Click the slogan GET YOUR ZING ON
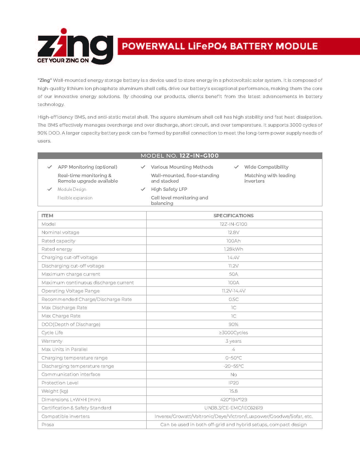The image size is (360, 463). coord(63,60)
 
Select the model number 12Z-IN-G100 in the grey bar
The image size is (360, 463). coord(199,156)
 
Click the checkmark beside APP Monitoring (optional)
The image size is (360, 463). coord(50,167)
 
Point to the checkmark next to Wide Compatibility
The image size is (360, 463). coord(236,167)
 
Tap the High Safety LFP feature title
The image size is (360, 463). coord(169,189)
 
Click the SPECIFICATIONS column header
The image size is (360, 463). coord(233,216)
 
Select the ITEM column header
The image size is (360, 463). coord(47,216)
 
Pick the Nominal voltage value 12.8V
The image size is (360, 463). coord(233,232)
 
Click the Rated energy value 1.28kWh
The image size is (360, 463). coord(233,249)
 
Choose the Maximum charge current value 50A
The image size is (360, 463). coord(233,274)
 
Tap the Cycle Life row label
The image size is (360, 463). coord(52,333)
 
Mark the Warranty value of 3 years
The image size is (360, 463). coord(233,341)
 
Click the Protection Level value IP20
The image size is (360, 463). coord(233,383)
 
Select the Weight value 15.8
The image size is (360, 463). coord(233,391)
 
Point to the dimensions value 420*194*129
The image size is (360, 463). coord(233,400)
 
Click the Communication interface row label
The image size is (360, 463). coord(71,374)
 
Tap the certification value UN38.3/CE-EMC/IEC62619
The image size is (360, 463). coord(233,408)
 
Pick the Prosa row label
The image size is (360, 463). coord(48,425)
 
